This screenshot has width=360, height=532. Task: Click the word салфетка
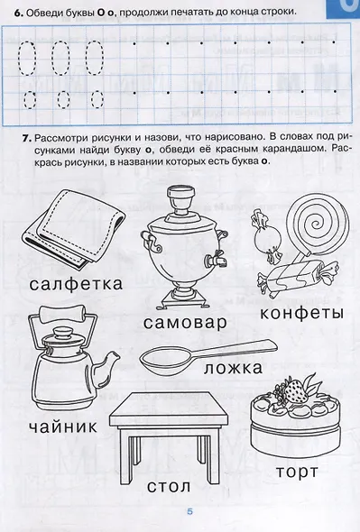click(75, 283)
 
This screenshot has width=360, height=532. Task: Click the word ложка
click(232, 368)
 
